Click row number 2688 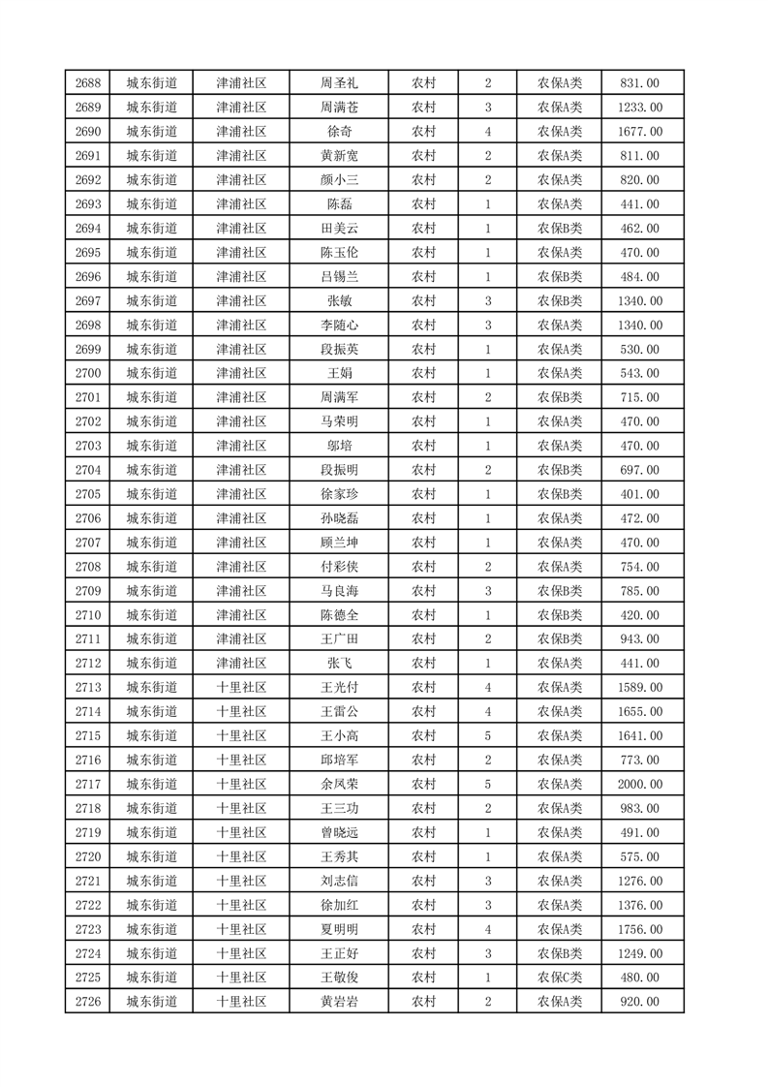click(88, 83)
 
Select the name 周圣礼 click(339, 83)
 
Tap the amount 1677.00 click(640, 132)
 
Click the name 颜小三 click(339, 180)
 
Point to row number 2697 click(88, 301)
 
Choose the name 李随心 click(339, 326)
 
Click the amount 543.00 click(640, 373)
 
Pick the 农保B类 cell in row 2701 click(560, 397)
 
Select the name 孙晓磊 click(339, 518)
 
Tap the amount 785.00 click(640, 591)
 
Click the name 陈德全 click(339, 615)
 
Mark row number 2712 click(88, 663)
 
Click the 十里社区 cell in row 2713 click(241, 687)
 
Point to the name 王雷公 click(339, 711)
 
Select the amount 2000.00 click(640, 784)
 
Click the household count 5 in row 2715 click(487, 735)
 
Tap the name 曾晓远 click(339, 832)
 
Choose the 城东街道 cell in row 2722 click(152, 905)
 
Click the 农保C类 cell click(560, 978)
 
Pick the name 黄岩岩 click(339, 1002)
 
